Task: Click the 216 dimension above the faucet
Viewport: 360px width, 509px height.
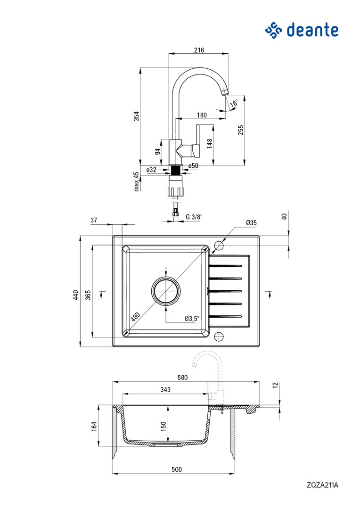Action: click(x=199, y=50)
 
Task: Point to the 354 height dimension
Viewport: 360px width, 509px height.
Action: click(x=136, y=115)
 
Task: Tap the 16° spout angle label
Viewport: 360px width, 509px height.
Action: click(x=234, y=102)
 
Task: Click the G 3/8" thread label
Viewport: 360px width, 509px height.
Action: click(x=194, y=217)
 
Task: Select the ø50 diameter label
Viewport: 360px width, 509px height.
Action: click(x=193, y=165)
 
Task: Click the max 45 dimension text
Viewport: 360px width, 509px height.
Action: click(x=136, y=181)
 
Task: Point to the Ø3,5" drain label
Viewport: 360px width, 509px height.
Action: click(x=192, y=319)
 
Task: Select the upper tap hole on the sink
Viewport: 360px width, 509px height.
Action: click(x=219, y=246)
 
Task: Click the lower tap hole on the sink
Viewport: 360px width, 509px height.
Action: click(x=219, y=336)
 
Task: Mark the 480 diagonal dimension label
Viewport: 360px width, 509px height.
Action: click(x=136, y=317)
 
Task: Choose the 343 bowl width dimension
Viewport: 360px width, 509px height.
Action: click(x=165, y=390)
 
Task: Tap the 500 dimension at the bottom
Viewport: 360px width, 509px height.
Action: click(x=176, y=469)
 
